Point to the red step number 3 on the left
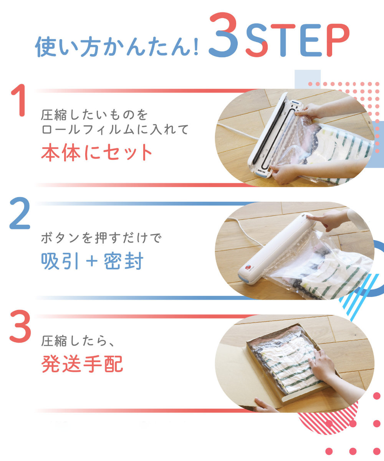click(20, 327)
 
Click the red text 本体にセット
click(97, 153)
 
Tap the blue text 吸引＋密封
click(92, 262)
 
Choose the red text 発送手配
click(82, 364)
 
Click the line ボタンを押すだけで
click(102, 238)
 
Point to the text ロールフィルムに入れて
click(115, 129)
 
